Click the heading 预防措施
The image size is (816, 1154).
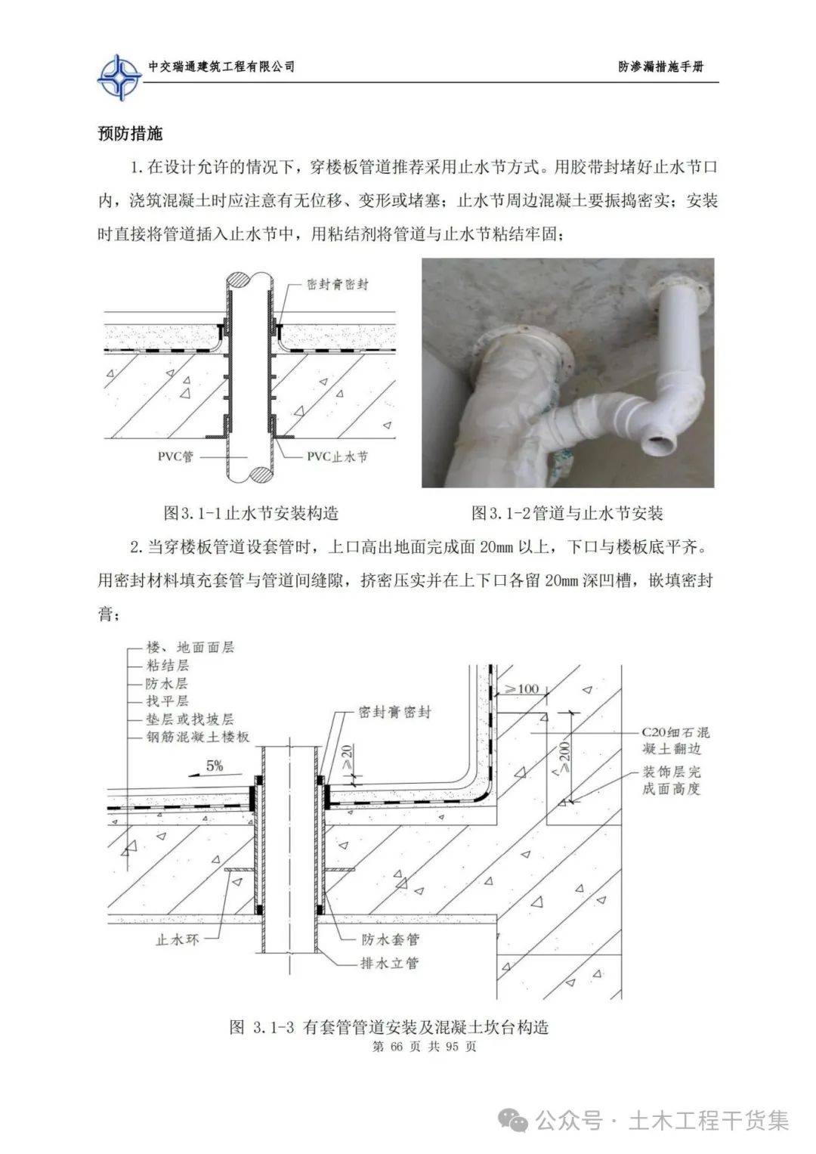pyautogui.click(x=130, y=134)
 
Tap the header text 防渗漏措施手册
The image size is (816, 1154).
pyautogui.click(x=660, y=67)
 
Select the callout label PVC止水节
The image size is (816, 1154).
pyautogui.click(x=337, y=457)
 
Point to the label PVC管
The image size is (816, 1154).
pyautogui.click(x=175, y=457)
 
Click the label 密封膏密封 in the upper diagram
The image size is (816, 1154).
pyautogui.click(x=338, y=285)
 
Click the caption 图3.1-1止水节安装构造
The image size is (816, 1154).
pyautogui.click(x=251, y=514)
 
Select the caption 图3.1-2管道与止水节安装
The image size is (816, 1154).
pyautogui.click(x=567, y=514)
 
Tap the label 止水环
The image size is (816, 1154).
pyautogui.click(x=177, y=941)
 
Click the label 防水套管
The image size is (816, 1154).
pyautogui.click(x=390, y=940)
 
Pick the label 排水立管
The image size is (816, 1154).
pyautogui.click(x=390, y=963)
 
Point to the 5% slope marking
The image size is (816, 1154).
pyautogui.click(x=215, y=766)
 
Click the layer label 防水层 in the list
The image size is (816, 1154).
pyautogui.click(x=167, y=683)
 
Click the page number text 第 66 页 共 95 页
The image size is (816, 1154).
pyautogui.click(x=425, y=1047)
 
